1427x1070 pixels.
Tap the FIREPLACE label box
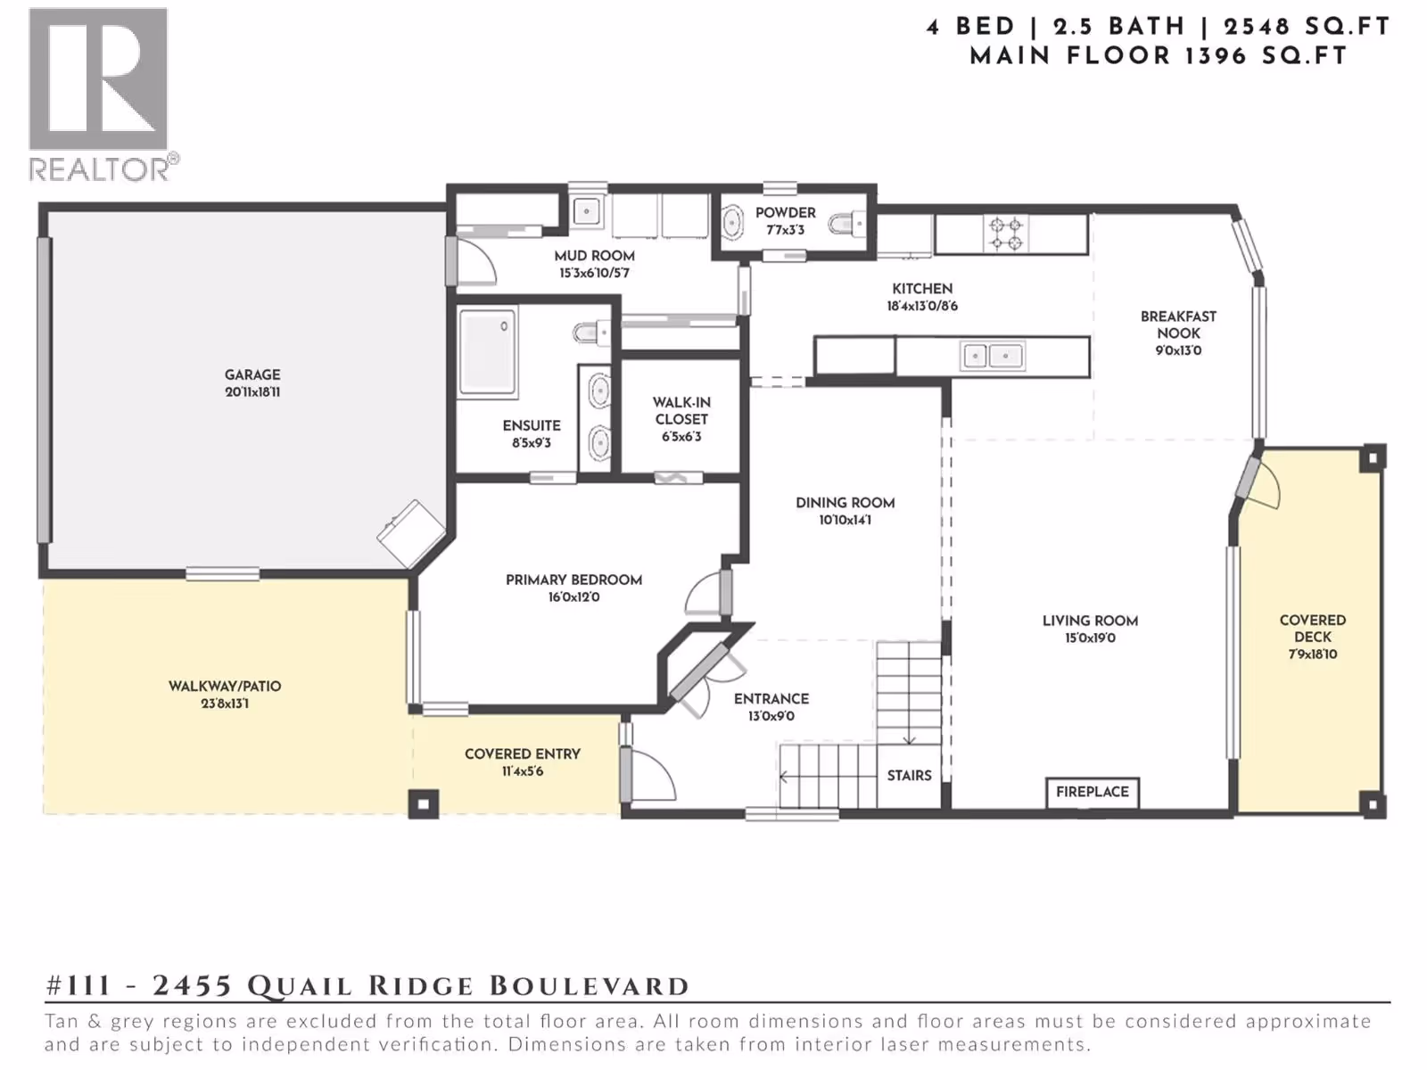tap(1093, 793)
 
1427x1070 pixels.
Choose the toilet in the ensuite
tap(591, 333)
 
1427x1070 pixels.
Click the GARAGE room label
tap(252, 374)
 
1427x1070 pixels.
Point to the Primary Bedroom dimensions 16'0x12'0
tap(573, 597)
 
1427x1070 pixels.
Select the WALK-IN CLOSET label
tap(681, 410)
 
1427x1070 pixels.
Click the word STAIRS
tap(909, 776)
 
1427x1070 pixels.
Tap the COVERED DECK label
tap(1313, 629)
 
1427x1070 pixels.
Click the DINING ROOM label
tap(845, 503)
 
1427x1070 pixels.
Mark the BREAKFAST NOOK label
tap(1178, 325)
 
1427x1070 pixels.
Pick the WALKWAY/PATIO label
tap(224, 686)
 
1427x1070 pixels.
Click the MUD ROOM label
tap(594, 256)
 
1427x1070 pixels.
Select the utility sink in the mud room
tap(587, 211)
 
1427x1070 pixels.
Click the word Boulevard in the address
tap(589, 986)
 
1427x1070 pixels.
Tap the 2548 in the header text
tap(1257, 27)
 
